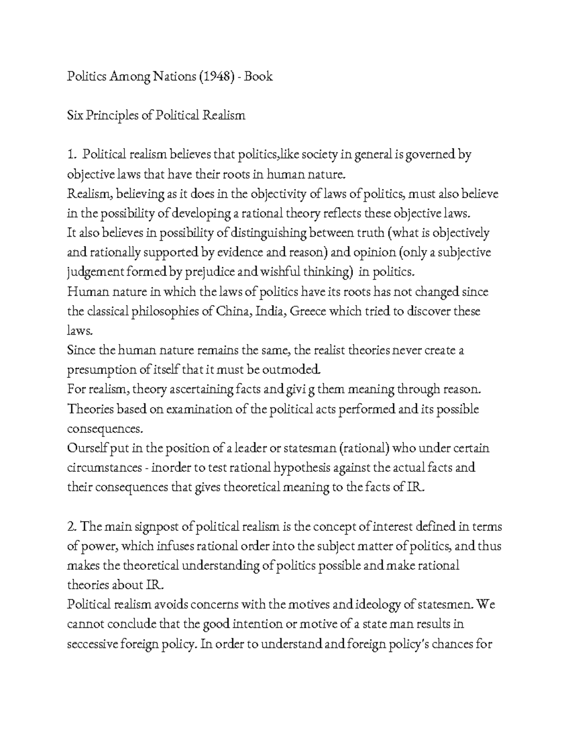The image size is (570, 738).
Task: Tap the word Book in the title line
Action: pyautogui.click(x=259, y=77)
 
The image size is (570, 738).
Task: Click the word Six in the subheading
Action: pyautogui.click(x=75, y=115)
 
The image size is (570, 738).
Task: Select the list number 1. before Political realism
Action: pyautogui.click(x=72, y=155)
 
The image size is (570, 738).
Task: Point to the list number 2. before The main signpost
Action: pyautogui.click(x=72, y=527)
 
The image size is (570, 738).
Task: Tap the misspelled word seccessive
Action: pyautogui.click(x=93, y=644)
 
